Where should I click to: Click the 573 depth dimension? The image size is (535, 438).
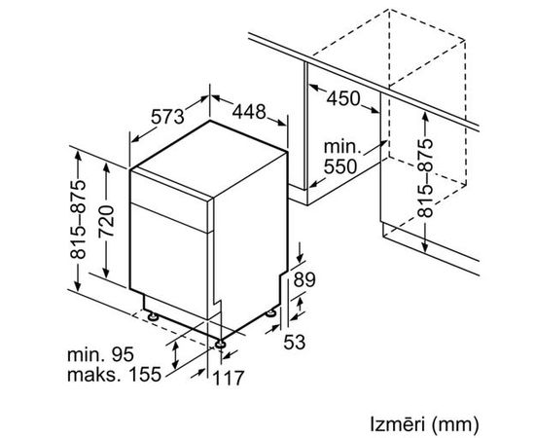(167, 117)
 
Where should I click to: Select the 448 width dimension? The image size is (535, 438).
(249, 111)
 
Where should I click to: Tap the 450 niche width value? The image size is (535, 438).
(343, 98)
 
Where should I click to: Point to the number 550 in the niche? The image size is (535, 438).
(340, 167)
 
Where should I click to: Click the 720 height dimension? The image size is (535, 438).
(106, 221)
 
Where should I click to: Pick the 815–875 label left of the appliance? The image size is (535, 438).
(78, 219)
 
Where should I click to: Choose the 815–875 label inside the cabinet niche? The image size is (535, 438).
(425, 177)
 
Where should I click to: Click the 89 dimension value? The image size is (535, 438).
(304, 279)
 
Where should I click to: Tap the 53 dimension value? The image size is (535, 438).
(295, 342)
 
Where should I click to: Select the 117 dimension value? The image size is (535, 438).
(229, 378)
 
